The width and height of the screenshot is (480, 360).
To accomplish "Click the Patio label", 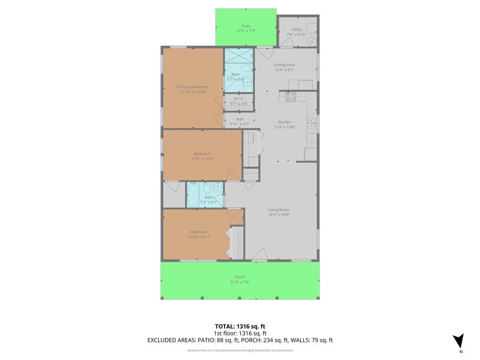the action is pyautogui.click(x=246, y=26).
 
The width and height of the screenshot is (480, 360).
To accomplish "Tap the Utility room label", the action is pyautogui.click(x=296, y=30).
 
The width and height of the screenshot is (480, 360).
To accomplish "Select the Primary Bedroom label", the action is pyautogui.click(x=193, y=87).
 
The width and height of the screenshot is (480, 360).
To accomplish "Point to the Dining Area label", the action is pyautogui.click(x=285, y=65).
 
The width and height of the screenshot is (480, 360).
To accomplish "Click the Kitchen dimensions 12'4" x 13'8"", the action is pyautogui.click(x=285, y=127).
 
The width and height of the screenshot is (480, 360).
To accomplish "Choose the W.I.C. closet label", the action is pyautogui.click(x=239, y=98).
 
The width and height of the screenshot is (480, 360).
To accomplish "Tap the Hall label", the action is pyautogui.click(x=240, y=119).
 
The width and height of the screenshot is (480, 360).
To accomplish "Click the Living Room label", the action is pyautogui.click(x=278, y=210).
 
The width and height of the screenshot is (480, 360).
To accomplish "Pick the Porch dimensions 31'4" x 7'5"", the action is pyautogui.click(x=240, y=282).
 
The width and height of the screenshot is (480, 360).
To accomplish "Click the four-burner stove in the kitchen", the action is pyautogui.click(x=291, y=97).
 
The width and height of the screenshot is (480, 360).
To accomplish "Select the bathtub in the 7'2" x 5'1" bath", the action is pyautogui.click(x=194, y=195).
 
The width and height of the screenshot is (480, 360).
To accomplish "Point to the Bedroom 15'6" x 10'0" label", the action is pyautogui.click(x=202, y=154).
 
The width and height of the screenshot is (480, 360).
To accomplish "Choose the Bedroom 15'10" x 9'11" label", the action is pyautogui.click(x=199, y=232).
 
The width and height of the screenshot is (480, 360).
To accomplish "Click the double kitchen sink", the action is pyautogui.click(x=312, y=123).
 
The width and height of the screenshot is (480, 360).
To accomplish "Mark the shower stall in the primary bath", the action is pyautogui.click(x=239, y=56).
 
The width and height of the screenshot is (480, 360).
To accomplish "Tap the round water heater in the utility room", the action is pyautogui.click(x=312, y=41).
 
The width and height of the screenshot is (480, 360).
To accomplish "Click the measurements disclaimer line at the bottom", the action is pyautogui.click(x=240, y=351).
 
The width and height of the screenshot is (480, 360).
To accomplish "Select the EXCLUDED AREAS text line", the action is pyautogui.click(x=240, y=340).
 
